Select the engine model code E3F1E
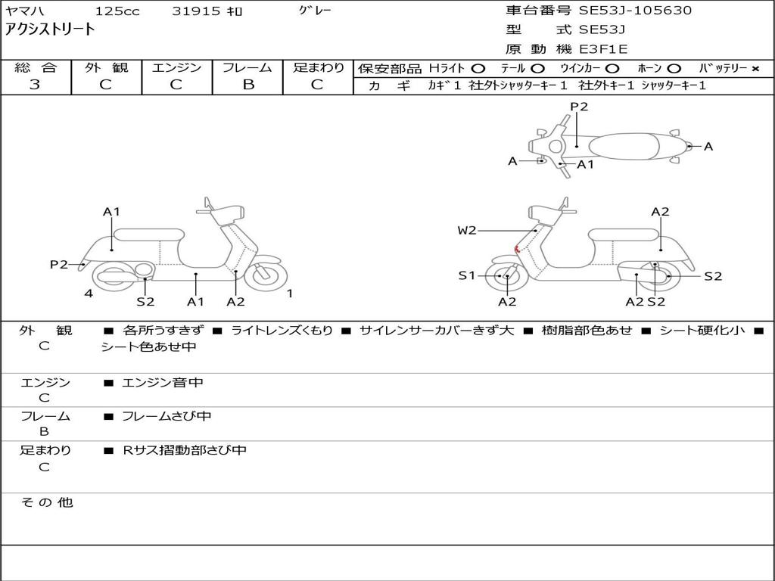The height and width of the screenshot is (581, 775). (603, 49)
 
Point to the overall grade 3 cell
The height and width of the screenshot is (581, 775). (35, 85)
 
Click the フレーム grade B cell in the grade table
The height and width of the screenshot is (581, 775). (247, 85)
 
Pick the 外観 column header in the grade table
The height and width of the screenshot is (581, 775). (106, 67)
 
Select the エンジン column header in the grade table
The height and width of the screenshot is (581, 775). (176, 67)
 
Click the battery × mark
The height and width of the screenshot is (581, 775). (755, 68)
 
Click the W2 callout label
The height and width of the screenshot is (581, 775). (467, 230)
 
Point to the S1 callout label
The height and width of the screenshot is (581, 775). (467, 275)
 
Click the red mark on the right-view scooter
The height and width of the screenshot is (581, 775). (516, 249)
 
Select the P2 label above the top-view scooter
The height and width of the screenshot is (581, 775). (579, 107)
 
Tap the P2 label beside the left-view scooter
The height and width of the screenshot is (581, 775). (59, 264)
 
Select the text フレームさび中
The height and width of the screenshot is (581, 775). (167, 416)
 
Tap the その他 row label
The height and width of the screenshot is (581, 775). (46, 502)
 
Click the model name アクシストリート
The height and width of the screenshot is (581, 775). (50, 30)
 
